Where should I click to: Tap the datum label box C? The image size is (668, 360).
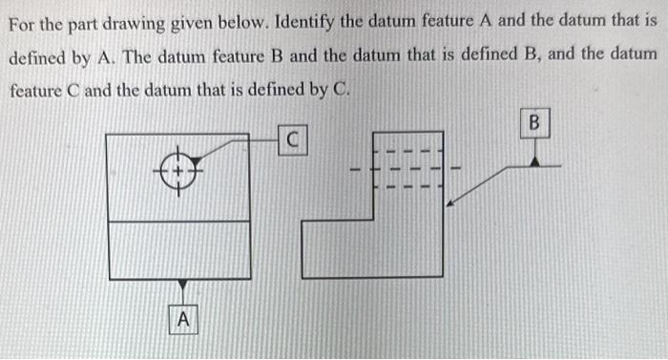point(295,140)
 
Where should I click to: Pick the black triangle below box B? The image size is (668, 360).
point(534,160)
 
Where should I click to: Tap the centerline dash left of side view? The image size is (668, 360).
point(354,171)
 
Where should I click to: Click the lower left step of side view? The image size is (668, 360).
point(334,248)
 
